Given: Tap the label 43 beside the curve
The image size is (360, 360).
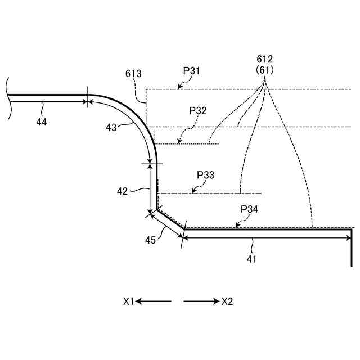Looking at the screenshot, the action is tap(111, 128).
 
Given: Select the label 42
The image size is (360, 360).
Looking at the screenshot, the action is tap(123, 191).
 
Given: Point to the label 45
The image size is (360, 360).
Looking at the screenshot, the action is tap(150, 240).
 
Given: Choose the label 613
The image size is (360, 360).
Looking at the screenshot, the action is tap(133, 74).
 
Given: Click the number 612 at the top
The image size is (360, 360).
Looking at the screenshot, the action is tap(264, 59).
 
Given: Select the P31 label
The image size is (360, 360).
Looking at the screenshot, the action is tap(191, 71).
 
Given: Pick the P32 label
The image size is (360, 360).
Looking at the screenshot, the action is tap(198, 110).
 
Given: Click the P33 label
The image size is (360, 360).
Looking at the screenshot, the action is tap(205, 175).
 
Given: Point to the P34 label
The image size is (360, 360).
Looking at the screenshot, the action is tap(249, 209).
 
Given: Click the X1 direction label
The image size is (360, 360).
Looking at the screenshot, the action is tap(129, 301).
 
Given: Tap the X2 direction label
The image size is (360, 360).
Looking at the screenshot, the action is tap(227, 301).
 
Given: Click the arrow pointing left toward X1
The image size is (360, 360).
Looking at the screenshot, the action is tap(153, 301).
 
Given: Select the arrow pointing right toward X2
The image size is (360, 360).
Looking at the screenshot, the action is tap(201, 301).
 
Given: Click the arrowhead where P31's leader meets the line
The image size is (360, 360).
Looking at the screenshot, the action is tap(179, 87).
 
